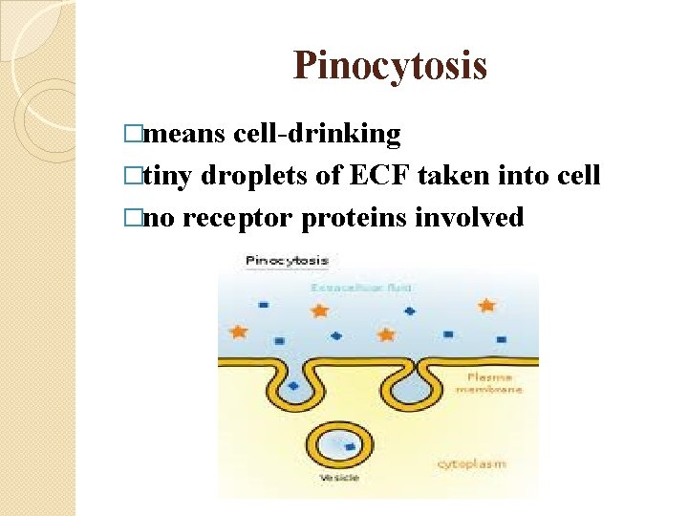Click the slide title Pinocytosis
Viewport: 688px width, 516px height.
click(x=390, y=66)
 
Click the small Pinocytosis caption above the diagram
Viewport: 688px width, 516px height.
click(x=287, y=260)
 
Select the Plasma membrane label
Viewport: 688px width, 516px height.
click(x=486, y=381)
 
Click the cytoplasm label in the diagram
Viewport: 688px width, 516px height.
click(x=472, y=463)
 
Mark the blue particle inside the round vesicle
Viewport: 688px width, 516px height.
click(x=351, y=447)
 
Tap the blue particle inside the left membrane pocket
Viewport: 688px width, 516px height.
click(x=292, y=386)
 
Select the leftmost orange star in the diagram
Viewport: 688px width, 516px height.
click(x=238, y=331)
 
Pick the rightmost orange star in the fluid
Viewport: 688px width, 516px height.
click(x=486, y=305)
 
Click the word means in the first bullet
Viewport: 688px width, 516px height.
click(x=188, y=134)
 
